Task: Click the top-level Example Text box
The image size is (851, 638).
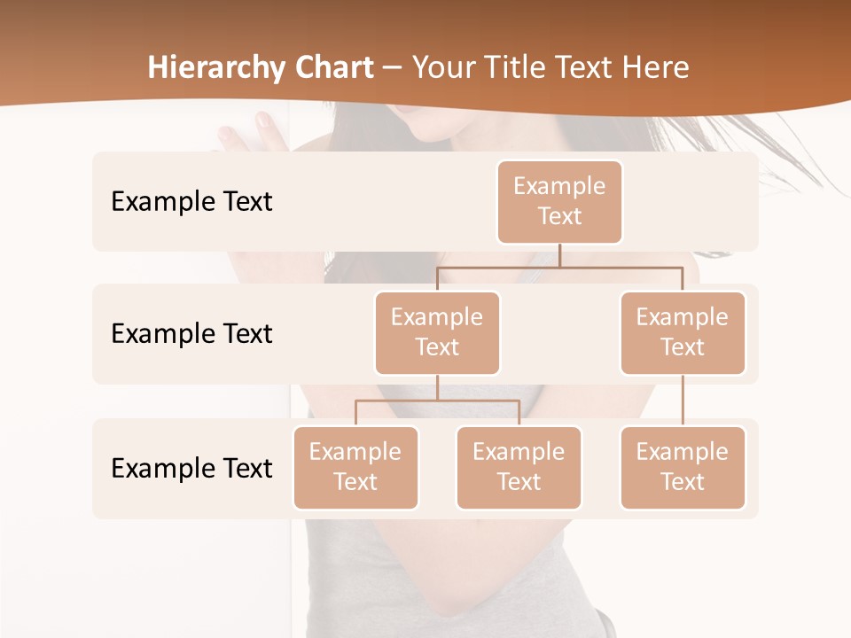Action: click(559, 201)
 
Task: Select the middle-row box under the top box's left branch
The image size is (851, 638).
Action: click(437, 332)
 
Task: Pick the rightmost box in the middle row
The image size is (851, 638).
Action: click(683, 332)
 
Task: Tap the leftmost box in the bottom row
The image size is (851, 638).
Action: click(355, 467)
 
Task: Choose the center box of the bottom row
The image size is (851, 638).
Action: click(519, 467)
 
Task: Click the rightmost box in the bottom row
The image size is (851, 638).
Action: click(683, 467)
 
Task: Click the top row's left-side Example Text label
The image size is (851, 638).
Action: click(191, 201)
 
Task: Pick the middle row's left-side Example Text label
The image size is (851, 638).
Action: click(191, 333)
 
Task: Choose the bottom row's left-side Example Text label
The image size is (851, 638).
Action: click(191, 468)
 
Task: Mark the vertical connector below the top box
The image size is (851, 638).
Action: click(559, 255)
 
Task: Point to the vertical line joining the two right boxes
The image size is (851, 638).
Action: click(683, 401)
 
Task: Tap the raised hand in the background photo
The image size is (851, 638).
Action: click(253, 133)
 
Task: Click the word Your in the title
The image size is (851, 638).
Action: click(443, 67)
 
